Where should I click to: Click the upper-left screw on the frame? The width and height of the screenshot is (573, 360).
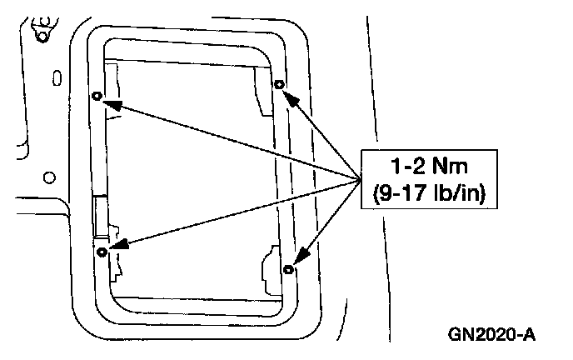coord(97,96)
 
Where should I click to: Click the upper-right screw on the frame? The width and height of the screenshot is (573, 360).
coord(279,84)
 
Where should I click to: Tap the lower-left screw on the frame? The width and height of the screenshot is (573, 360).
coord(102,251)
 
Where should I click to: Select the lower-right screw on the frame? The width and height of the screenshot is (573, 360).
coord(288,268)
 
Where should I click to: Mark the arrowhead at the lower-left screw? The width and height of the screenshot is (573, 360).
coord(117,245)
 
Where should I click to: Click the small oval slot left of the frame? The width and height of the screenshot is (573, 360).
coord(55,79)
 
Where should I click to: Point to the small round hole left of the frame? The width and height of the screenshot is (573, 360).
coord(48,177)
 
